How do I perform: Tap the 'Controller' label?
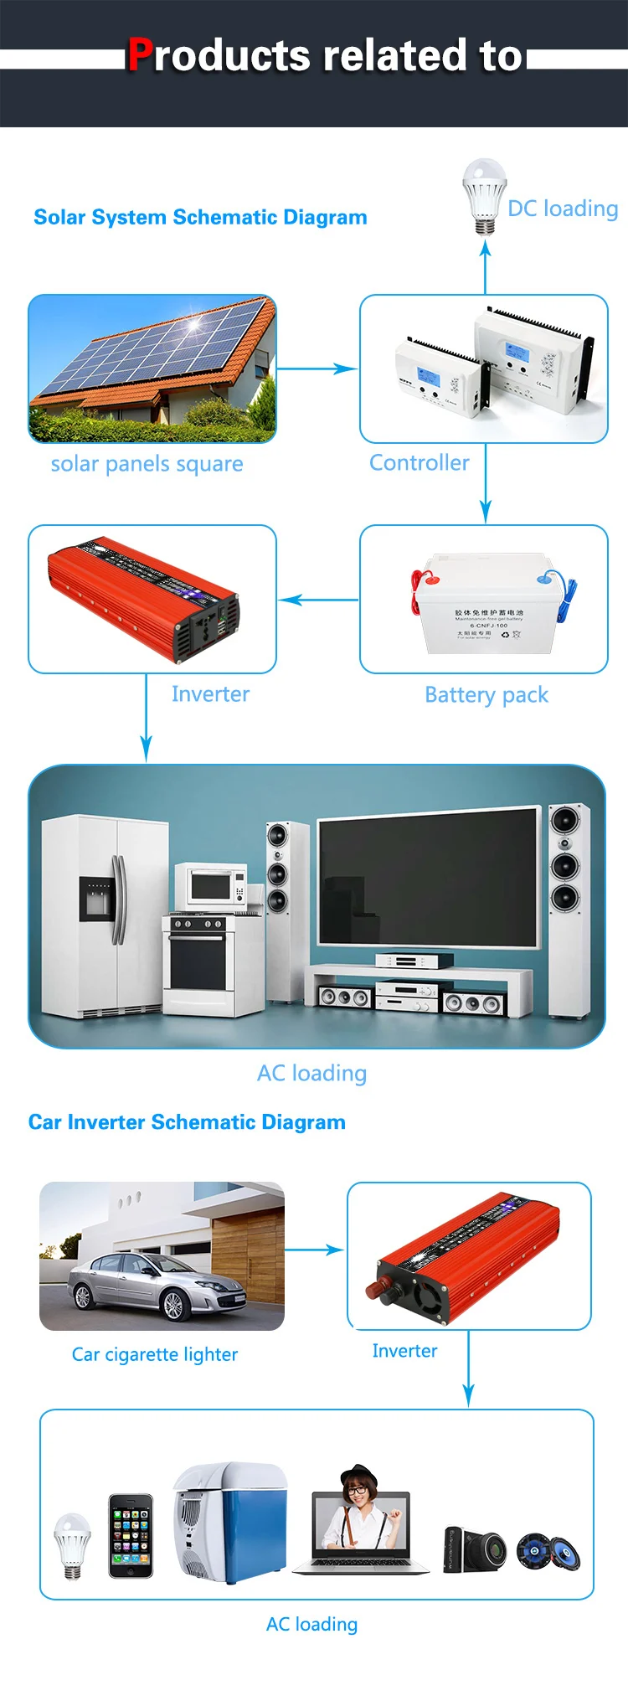[420, 462]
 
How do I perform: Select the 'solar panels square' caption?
[147, 464]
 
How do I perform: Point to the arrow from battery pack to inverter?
[318, 600]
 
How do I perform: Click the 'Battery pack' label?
[486, 695]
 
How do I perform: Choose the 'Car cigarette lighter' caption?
[155, 1354]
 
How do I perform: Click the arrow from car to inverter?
[315, 1250]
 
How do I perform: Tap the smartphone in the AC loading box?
[131, 1535]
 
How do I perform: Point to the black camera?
[475, 1549]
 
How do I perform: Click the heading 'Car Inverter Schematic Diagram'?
[187, 1122]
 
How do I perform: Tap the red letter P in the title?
[139, 55]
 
